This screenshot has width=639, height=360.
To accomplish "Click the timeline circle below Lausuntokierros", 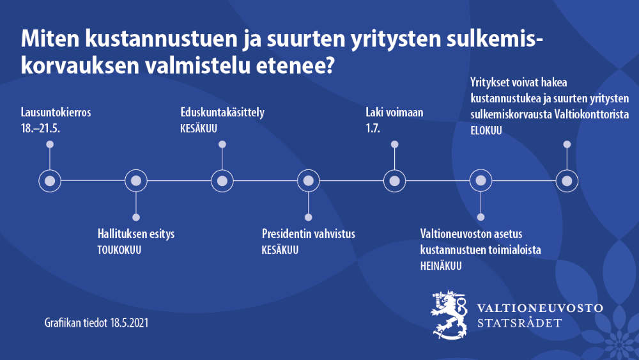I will pos(50,181).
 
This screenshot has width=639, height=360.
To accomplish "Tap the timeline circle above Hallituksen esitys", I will pos(135,181).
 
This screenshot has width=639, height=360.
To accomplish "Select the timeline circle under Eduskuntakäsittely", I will pos(222,181).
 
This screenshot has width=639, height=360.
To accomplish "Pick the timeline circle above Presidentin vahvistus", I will pos(308,181).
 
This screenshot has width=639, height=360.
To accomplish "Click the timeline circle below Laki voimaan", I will pos(394,181).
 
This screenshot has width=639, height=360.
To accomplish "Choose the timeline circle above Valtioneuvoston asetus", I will pos(481,181).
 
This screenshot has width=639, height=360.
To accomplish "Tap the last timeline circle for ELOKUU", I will pos(566,181).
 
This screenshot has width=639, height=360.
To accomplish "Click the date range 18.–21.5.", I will pos(44,129).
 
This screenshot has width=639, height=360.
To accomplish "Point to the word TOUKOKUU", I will pos(119,249).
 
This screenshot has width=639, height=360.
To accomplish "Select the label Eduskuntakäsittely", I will pos(222,113).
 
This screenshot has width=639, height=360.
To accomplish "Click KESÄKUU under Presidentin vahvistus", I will pos(280,249).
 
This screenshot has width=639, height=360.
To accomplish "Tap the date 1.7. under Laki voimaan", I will pos(373,129).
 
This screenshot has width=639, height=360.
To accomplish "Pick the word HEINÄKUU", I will pos(441,265).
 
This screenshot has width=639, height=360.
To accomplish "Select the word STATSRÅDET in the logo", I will pos(520,323).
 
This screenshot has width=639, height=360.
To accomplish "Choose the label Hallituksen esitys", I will pos(135,234).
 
